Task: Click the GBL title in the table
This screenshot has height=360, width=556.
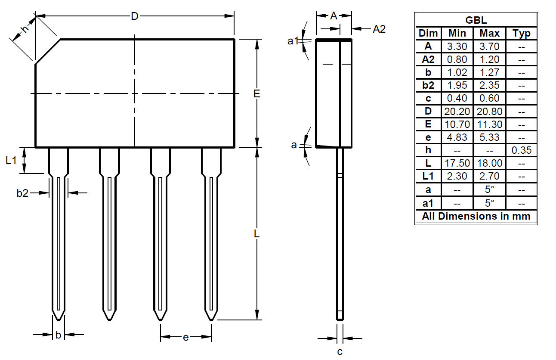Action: pos(476,20)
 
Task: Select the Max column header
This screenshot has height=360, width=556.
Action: pos(489,34)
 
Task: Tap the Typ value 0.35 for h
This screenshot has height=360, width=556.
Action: pos(522,150)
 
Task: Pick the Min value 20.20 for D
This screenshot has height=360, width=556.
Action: pos(457,112)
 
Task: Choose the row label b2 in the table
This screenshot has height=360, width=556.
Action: pos(428,85)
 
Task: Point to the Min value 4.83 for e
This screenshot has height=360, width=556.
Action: pos(457,137)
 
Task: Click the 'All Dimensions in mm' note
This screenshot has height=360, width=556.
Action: pos(476,216)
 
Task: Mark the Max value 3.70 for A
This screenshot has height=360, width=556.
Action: pos(489,47)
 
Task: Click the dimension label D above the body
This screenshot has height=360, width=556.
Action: pos(135,16)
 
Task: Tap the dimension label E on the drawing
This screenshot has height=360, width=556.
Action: pos(257,93)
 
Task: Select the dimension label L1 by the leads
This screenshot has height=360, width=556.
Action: pos(11,161)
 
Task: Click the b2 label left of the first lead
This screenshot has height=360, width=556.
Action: pos(22,193)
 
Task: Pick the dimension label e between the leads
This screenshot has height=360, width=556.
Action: pos(185,337)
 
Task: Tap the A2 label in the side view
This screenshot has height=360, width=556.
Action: pos(379,29)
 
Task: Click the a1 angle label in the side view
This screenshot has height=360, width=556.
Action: pos(293,41)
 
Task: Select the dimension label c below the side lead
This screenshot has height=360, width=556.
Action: pos(340,352)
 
